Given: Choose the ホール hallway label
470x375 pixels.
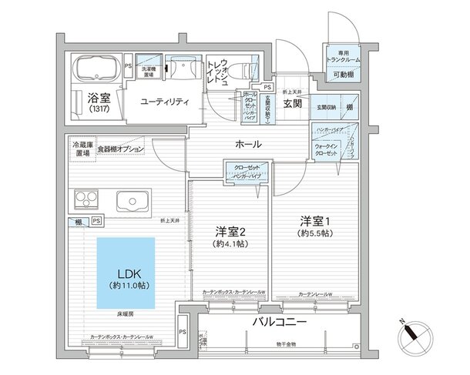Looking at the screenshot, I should click(x=247, y=145).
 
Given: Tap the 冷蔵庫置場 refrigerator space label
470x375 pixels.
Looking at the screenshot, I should click(x=81, y=149).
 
